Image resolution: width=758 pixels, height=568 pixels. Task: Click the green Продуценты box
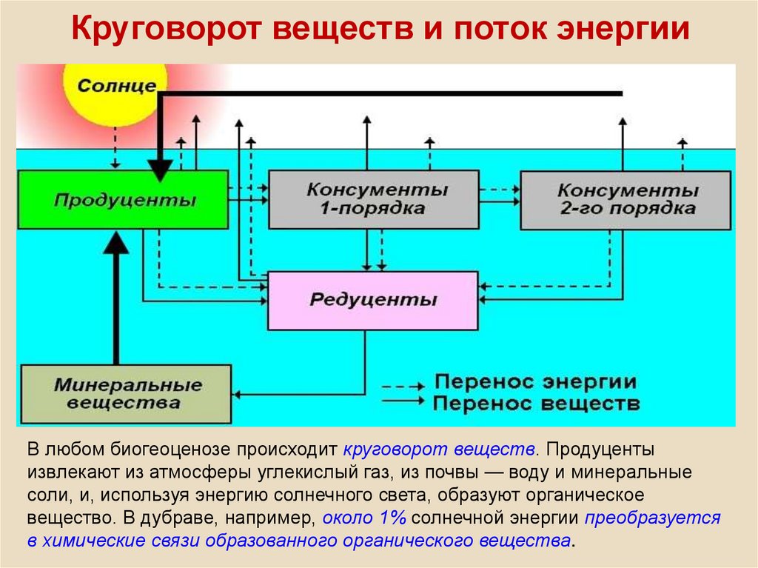pyautogui.click(x=124, y=199)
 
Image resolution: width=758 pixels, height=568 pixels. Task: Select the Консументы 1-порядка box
pyautogui.click(x=374, y=199)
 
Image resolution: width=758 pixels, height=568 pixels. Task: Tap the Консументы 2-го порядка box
pyautogui.click(x=625, y=200)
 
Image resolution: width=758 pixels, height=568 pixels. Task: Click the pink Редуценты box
pyautogui.click(x=373, y=301)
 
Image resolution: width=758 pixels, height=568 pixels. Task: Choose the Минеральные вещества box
pyautogui.click(x=126, y=394)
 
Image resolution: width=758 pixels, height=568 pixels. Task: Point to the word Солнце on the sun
pyautogui.click(x=116, y=86)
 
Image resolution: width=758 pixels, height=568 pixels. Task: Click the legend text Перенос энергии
pyautogui.click(x=535, y=381)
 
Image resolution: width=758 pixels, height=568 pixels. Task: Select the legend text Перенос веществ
pyautogui.click(x=536, y=403)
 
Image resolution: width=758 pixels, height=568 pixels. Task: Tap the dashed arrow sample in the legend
pyautogui.click(x=403, y=387)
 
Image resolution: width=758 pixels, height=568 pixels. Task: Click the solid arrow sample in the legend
pyautogui.click(x=403, y=401)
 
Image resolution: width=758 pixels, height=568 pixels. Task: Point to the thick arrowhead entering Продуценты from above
pyautogui.click(x=160, y=171)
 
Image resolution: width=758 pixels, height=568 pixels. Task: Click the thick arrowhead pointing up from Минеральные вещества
pyautogui.click(x=116, y=242)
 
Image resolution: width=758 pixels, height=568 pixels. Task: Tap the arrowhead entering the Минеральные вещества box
pyautogui.click(x=236, y=394)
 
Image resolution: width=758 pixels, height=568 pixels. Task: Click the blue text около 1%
pyautogui.click(x=364, y=518)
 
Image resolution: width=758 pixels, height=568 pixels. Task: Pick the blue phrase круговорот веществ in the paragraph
pyautogui.click(x=438, y=450)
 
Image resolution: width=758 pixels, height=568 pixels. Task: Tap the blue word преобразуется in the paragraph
pyautogui.click(x=653, y=518)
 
